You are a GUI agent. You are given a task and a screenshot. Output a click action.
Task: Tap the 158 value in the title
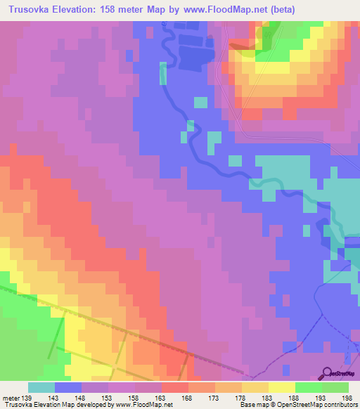tap(113, 8)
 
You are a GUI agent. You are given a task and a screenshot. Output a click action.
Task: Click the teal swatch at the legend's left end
tap(41, 387)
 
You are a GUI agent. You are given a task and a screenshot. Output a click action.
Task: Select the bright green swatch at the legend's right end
tap(335, 387)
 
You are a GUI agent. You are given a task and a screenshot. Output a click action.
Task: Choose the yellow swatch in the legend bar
tap(282, 387)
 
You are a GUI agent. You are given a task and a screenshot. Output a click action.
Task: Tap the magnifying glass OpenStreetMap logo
tap(328, 374)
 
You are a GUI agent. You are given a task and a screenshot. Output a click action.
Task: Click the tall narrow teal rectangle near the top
tap(163, 73)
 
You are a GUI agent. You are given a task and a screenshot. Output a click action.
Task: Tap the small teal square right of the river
tap(201, 103)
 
